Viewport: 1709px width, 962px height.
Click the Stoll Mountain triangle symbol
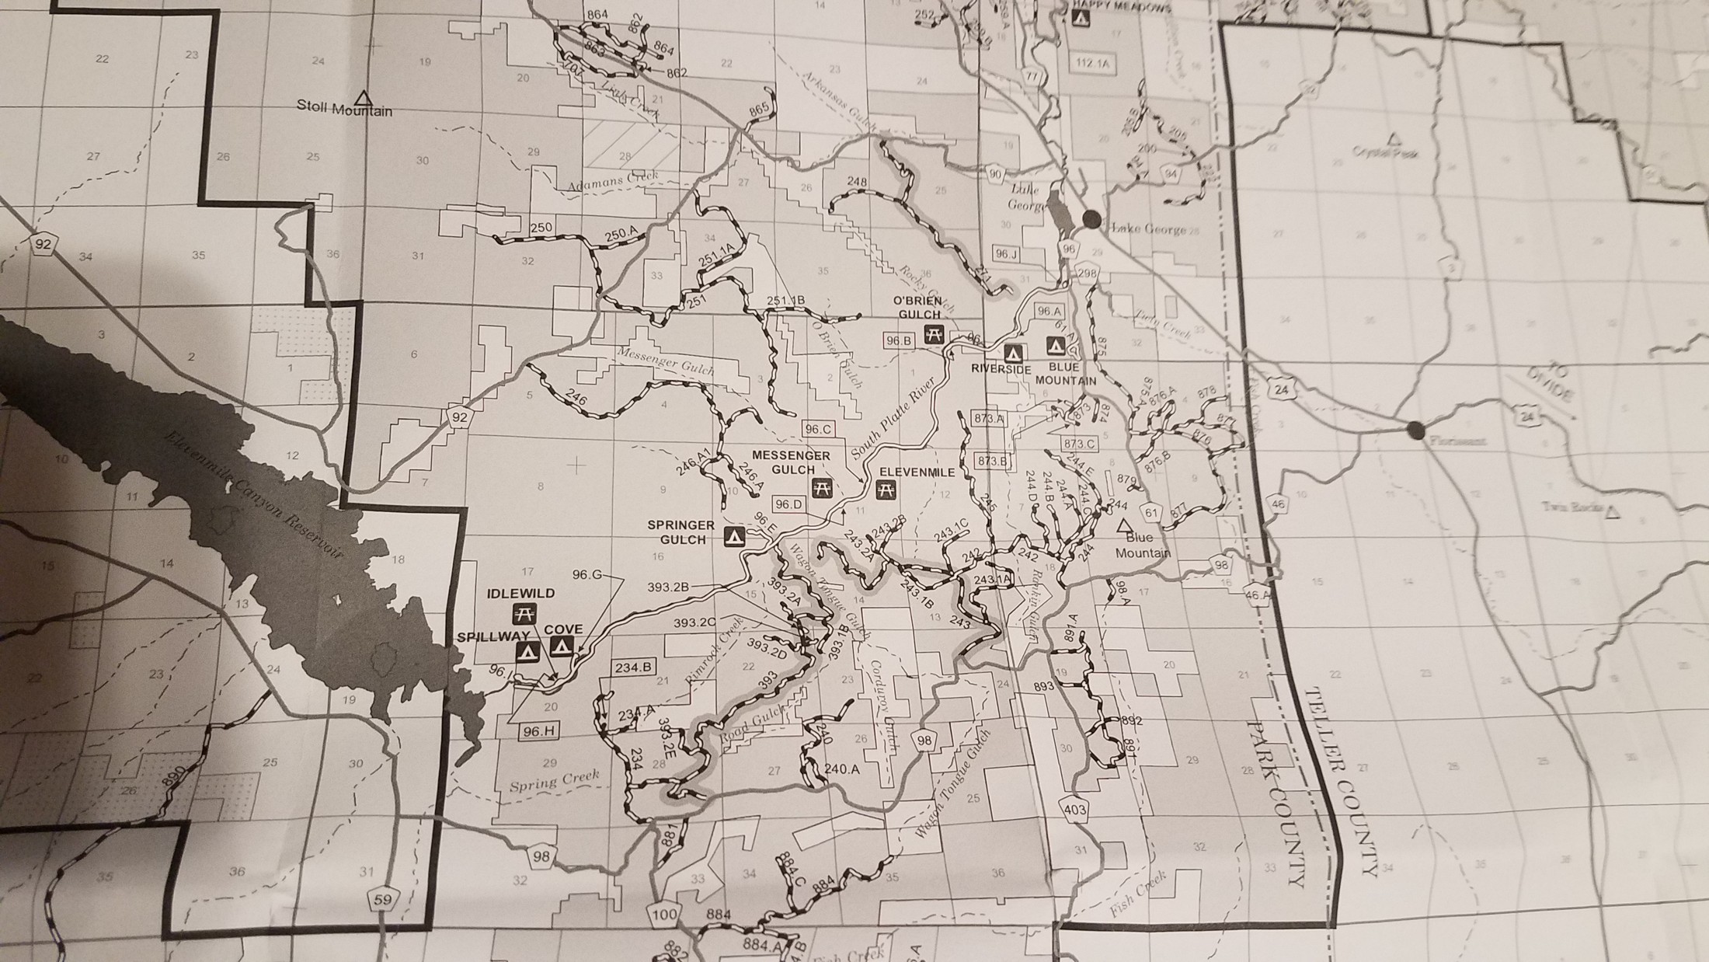point(361,98)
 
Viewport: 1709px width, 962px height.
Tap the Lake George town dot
point(1091,219)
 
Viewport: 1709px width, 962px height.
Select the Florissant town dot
point(1415,428)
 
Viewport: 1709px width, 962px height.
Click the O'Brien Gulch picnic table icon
point(933,335)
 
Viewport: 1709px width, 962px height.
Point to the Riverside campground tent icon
point(1012,353)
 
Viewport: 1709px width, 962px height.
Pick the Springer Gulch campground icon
point(733,535)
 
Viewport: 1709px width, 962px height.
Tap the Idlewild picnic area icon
point(523,614)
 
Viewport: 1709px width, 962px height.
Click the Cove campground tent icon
point(562,645)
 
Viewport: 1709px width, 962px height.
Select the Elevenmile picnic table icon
point(885,490)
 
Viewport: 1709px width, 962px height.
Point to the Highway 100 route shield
point(665,915)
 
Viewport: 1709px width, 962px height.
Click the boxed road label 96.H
point(538,731)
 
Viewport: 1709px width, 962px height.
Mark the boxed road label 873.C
point(1080,444)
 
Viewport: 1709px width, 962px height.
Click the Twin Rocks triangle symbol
point(1613,512)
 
